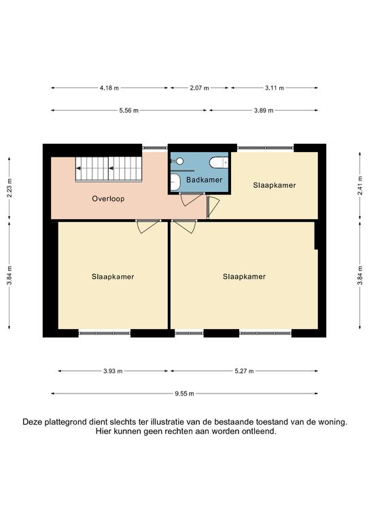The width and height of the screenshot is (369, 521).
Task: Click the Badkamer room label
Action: [x=204, y=180]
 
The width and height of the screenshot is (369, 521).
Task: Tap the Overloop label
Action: [x=108, y=199]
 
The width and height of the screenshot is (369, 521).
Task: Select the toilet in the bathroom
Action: [x=219, y=163]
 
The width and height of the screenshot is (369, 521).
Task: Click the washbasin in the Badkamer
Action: [x=175, y=182]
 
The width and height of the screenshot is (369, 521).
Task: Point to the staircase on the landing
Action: [x=109, y=169]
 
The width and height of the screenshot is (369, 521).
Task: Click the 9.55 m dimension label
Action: [x=184, y=393]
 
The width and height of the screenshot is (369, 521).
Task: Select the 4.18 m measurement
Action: [x=109, y=88]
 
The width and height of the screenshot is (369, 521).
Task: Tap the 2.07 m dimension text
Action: [x=199, y=88]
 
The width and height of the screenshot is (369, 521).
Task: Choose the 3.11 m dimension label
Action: [x=275, y=88]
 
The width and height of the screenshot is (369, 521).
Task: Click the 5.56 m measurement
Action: [x=128, y=111]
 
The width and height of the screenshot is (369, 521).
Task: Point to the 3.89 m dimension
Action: [x=264, y=111]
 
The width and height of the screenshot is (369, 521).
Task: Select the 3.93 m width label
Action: [x=113, y=371]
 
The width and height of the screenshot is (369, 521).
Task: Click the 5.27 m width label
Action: [x=244, y=371]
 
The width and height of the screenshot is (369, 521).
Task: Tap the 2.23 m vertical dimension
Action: [x=10, y=188]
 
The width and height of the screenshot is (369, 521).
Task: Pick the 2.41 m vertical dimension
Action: [x=360, y=188]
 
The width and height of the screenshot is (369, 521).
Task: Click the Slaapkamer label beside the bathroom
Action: [x=275, y=185]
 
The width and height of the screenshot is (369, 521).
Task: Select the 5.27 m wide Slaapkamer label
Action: [x=244, y=277]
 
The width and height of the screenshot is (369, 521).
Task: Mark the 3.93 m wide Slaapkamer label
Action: [x=113, y=277]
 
